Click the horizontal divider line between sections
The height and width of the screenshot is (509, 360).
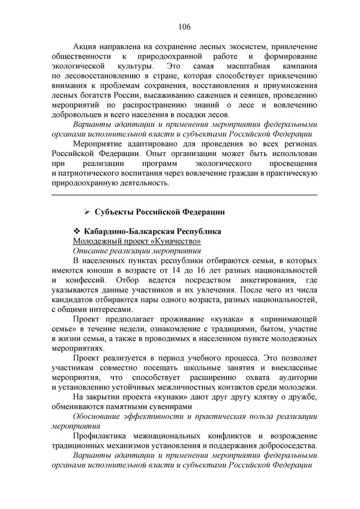coord(184,195)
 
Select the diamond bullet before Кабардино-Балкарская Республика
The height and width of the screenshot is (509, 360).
coord(77,232)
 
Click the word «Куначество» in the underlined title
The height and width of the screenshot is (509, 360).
coord(178,241)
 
